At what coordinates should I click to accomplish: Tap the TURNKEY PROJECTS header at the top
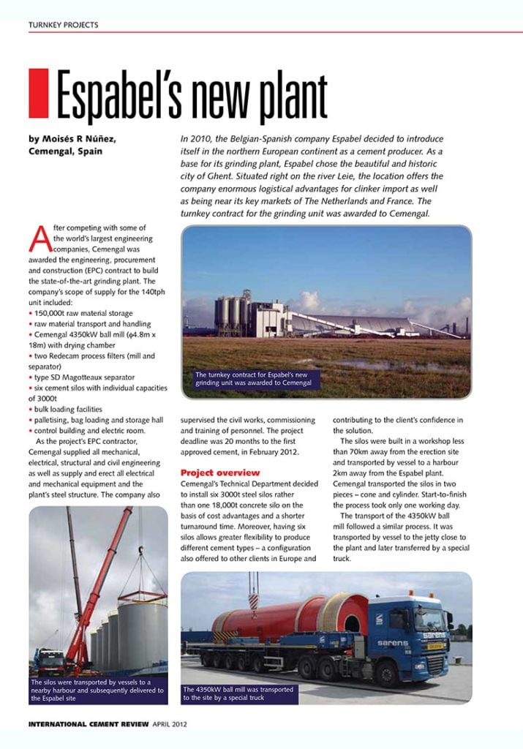(63, 25)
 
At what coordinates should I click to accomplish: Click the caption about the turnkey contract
(253, 378)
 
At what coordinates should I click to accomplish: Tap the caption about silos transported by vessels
(97, 690)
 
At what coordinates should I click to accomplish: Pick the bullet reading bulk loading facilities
(66, 409)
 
